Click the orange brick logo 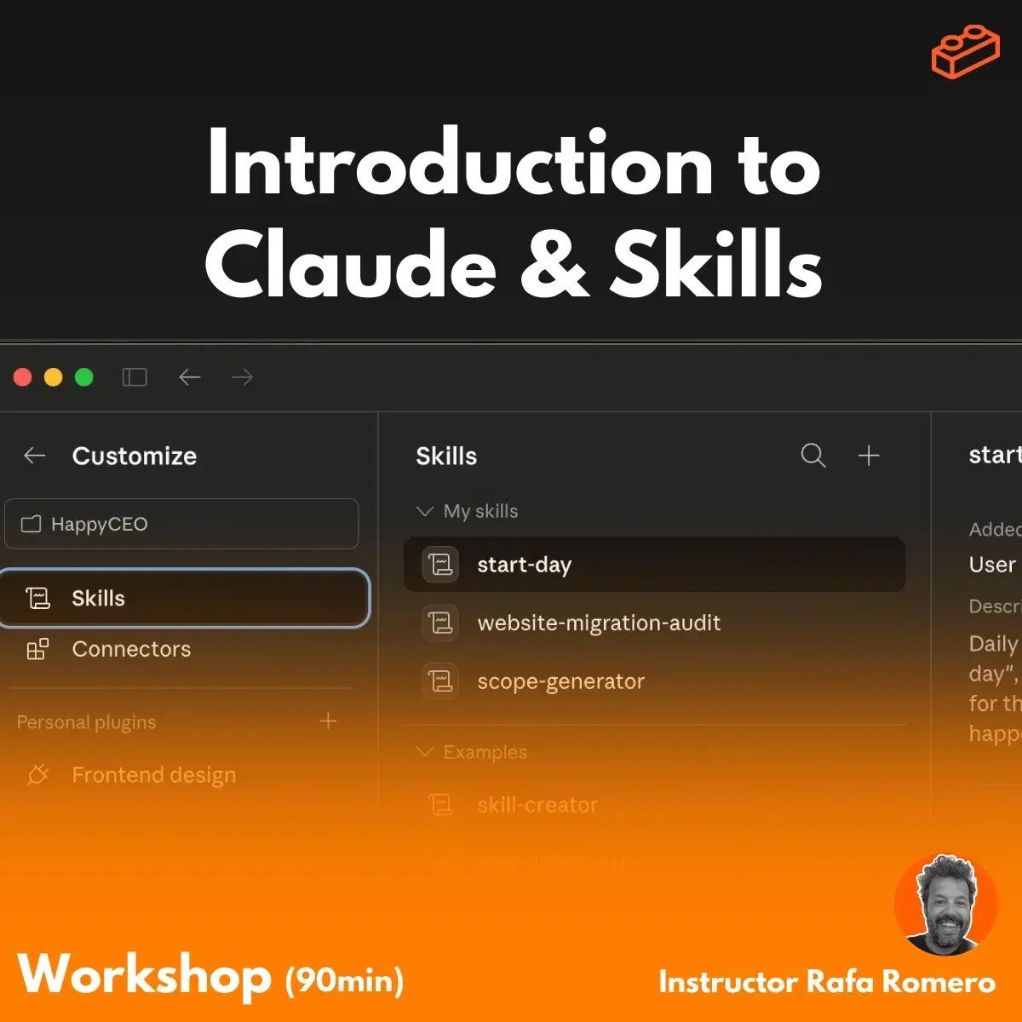(965, 52)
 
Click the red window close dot (23, 377)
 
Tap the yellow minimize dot (53, 377)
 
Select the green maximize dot (83, 377)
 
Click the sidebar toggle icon (135, 377)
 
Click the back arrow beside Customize (34, 456)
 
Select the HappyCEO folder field (181, 524)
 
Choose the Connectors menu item (131, 649)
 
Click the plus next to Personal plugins (328, 721)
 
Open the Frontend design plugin (153, 775)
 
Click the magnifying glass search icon (813, 456)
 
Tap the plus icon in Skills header (868, 456)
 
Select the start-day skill (524, 565)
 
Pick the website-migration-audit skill (599, 623)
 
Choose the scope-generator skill (560, 681)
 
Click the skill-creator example (537, 805)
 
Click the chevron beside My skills (424, 511)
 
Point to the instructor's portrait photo (945, 905)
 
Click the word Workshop (145, 975)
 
